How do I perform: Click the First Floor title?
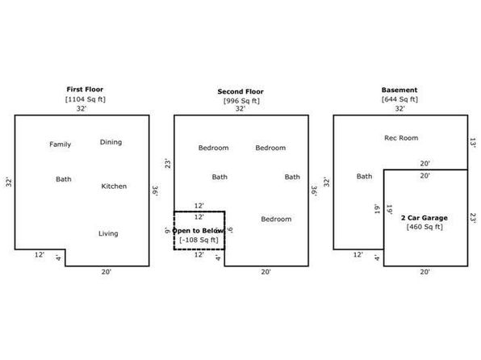[x=85, y=90]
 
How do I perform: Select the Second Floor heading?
[x=240, y=91]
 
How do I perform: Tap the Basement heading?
[x=399, y=90]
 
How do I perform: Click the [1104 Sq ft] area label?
[x=86, y=99]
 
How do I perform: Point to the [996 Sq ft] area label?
[x=241, y=101]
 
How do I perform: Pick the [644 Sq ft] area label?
[x=399, y=99]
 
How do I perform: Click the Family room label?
[x=60, y=144]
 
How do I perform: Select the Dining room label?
[x=111, y=142]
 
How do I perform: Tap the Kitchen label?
[x=114, y=186]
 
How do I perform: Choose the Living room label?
[x=108, y=233]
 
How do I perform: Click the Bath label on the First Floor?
[x=64, y=179]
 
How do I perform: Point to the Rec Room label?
[x=401, y=138]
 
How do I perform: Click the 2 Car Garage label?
[x=425, y=218]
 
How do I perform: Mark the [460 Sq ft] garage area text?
[x=425, y=227]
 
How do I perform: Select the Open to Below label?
[x=198, y=231]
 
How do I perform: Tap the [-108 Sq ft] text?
[x=199, y=240]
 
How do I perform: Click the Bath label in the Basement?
[x=365, y=177]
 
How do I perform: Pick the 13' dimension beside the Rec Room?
[x=473, y=143]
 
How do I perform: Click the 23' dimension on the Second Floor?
[x=168, y=164]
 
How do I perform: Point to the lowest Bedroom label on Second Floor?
[x=276, y=219]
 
